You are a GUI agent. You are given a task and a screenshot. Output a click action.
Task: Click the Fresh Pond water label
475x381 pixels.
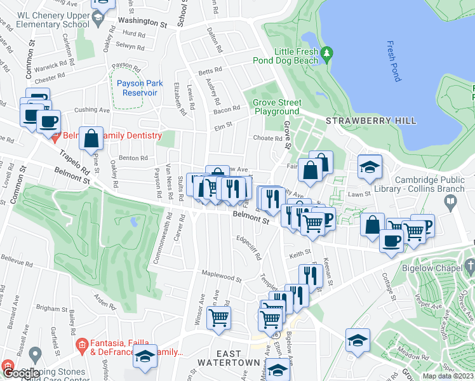[x=394, y=62]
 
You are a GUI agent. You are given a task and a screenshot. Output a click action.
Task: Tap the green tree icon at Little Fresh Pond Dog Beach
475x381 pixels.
[x=328, y=53]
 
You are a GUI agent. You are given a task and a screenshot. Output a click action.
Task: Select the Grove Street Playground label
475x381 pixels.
[x=276, y=107]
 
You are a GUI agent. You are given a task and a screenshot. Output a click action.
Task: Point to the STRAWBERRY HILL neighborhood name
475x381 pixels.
[x=371, y=121]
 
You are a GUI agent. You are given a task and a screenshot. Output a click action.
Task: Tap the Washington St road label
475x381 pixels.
[x=145, y=21]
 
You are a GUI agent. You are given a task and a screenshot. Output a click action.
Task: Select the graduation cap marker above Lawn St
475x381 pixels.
[x=370, y=167]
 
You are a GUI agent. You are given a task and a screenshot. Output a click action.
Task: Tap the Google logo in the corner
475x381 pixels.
[x=20, y=373]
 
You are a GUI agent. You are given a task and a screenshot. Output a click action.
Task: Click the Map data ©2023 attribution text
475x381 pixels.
[x=448, y=376]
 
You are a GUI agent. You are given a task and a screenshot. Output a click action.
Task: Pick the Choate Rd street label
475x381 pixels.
[x=267, y=138]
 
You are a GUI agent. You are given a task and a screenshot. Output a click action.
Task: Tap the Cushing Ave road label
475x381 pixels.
[x=92, y=110]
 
